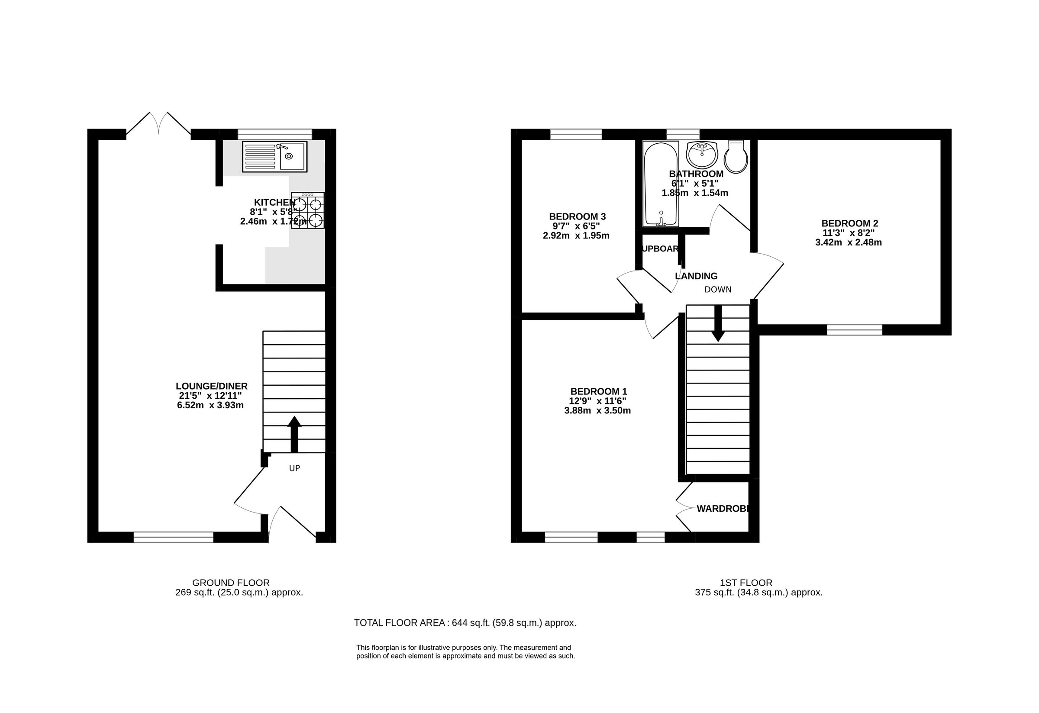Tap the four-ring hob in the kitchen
point(307,210)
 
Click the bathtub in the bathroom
point(660,184)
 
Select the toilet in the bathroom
point(736,157)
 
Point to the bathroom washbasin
point(702,155)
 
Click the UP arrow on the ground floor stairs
point(294,434)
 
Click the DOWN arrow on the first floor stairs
point(718,323)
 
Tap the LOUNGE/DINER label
point(211,386)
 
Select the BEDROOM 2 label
point(849,223)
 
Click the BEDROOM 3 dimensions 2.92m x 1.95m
point(576,236)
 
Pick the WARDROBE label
point(721,508)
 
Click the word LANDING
point(696,276)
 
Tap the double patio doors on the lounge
point(159,124)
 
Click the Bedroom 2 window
point(854,330)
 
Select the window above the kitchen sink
point(274,134)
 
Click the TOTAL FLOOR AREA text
point(465,623)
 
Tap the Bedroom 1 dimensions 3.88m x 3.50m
point(597,411)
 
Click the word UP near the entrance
point(294,468)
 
